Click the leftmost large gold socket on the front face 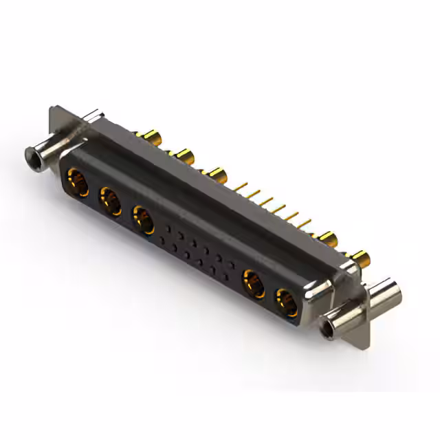tap(77, 184)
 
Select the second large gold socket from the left tap(109, 201)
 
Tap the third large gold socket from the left tap(143, 219)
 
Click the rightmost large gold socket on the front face tap(287, 301)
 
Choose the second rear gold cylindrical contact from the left tap(183, 153)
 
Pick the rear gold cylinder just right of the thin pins tap(324, 239)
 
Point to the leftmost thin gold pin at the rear tap(243, 186)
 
